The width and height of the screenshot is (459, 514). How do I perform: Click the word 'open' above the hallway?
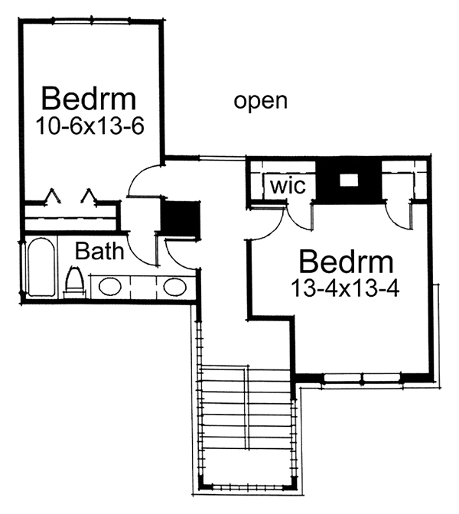coord(260,102)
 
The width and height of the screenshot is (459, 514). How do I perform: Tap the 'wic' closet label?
coord(288,186)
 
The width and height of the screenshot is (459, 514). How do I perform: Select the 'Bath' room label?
coord(99,252)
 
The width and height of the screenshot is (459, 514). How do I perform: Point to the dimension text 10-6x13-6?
coord(90,126)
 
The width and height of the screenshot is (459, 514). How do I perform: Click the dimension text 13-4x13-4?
coord(345,288)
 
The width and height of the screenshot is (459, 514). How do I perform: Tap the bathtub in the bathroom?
coord(41,267)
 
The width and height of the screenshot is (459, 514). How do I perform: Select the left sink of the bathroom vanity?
coord(110,287)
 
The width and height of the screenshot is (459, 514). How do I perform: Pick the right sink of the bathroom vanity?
coord(175,287)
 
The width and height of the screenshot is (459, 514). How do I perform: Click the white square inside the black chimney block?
coord(349,180)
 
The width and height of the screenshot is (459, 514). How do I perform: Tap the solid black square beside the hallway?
coord(181,219)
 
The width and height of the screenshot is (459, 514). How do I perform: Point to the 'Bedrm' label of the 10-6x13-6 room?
coord(89,99)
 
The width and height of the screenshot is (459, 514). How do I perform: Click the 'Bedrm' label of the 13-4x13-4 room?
coord(347,262)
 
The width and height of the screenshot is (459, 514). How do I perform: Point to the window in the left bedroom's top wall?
coord(91,21)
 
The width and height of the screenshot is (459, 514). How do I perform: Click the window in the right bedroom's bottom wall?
coord(362,378)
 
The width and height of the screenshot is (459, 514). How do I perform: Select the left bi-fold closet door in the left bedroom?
coord(53,196)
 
